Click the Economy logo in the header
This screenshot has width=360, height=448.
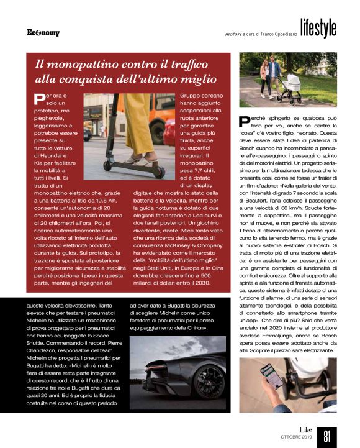tap(43, 32)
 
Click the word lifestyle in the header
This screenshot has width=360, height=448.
tap(318, 28)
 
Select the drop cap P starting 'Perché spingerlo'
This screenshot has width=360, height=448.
tap(245, 123)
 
